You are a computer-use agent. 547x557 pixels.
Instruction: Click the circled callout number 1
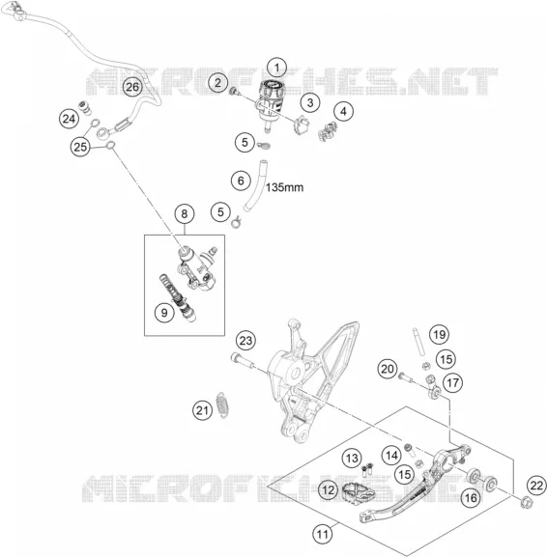(x=276, y=68)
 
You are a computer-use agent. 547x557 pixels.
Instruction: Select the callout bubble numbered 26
(x=132, y=87)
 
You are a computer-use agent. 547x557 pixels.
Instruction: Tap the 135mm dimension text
(x=284, y=187)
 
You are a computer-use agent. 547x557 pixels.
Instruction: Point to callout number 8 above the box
(x=185, y=214)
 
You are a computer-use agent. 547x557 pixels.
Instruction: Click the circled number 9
(x=164, y=313)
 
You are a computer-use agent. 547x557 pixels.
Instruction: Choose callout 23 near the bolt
(x=245, y=341)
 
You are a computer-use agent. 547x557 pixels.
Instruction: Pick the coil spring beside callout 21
(x=222, y=404)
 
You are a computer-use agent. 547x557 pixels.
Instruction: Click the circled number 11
(x=322, y=534)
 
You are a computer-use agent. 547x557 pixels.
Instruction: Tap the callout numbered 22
(x=536, y=486)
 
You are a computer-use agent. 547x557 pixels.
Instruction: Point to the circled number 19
(x=439, y=334)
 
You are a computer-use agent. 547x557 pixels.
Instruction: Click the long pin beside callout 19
(x=417, y=342)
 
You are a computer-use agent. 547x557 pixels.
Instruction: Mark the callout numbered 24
(x=69, y=119)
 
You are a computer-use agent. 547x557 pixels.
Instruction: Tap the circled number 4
(x=343, y=112)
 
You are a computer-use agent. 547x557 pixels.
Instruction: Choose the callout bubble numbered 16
(x=471, y=498)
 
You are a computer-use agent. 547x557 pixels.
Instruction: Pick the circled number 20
(x=388, y=369)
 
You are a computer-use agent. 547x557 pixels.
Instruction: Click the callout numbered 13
(x=352, y=459)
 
